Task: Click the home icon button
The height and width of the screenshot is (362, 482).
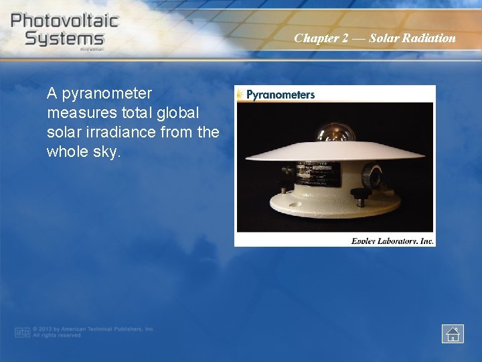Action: click(453, 333)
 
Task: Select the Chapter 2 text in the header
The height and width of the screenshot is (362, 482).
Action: click(321, 38)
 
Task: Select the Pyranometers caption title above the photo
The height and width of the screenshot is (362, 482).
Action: click(280, 95)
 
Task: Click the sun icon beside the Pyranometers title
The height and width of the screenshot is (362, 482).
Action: click(240, 95)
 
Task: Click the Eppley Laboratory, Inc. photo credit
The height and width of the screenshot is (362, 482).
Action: click(392, 241)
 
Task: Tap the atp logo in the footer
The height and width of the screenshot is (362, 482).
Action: click(23, 333)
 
